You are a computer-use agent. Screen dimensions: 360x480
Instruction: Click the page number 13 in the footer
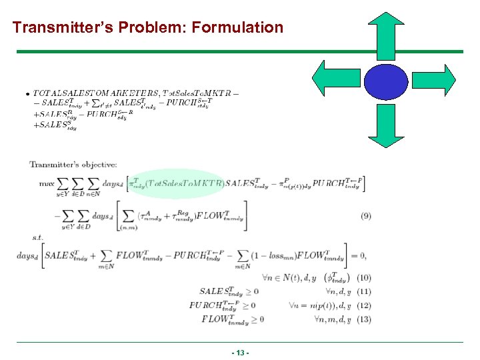click(240, 352)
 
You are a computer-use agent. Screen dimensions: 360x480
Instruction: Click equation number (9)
click(366, 215)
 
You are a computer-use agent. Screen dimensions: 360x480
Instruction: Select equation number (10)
click(364, 277)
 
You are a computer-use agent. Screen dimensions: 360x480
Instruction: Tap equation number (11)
click(364, 291)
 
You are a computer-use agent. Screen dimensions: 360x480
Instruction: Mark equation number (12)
click(364, 305)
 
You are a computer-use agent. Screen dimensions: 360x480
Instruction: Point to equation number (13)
click(364, 319)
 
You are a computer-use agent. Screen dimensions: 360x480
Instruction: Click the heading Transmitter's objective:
click(73, 164)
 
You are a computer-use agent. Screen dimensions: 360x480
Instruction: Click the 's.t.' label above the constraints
click(38, 236)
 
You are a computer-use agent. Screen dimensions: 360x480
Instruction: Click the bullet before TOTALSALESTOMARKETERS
click(27, 93)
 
